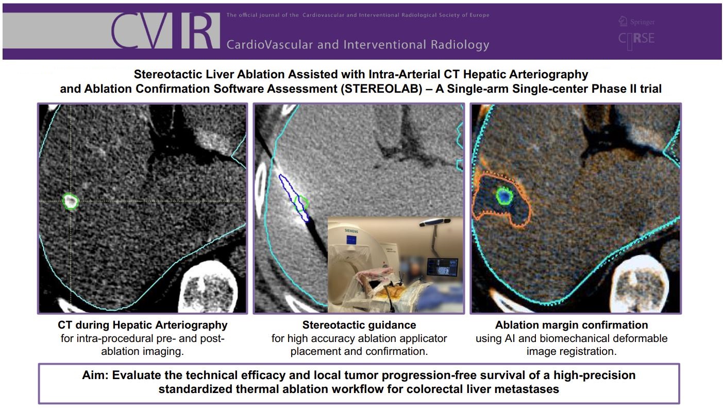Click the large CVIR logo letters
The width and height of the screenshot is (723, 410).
[165, 30]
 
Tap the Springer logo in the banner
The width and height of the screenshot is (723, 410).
[636, 22]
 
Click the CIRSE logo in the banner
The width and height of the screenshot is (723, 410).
[636, 39]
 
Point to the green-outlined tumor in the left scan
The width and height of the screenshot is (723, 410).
[71, 201]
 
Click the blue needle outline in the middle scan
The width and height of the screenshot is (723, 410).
[293, 198]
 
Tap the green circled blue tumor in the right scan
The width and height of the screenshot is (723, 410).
[505, 196]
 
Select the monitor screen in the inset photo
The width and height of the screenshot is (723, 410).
[443, 267]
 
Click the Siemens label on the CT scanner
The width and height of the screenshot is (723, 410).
[351, 231]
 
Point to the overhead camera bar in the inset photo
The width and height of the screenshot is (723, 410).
[434, 221]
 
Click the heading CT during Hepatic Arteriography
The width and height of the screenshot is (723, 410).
[143, 325]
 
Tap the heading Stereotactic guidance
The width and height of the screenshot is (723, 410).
[359, 325]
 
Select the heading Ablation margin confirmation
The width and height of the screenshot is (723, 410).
[571, 325]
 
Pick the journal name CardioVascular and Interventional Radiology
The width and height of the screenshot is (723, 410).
[358, 44]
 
